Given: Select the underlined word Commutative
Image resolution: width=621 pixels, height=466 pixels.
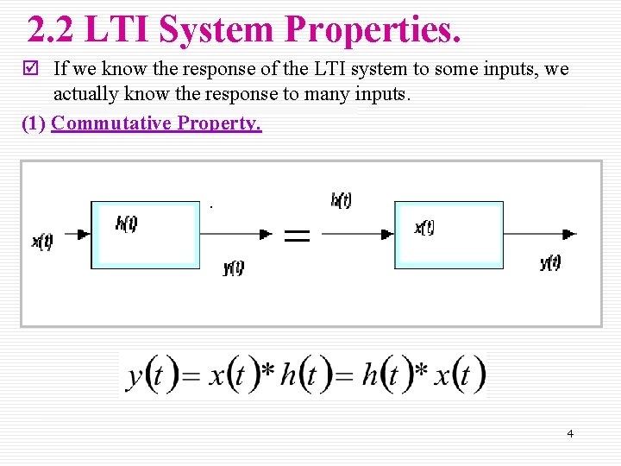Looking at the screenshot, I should point(111,123).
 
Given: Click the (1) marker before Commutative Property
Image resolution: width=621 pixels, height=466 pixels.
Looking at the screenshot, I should point(34,123).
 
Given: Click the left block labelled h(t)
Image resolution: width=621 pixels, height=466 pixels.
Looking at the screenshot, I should point(145,235).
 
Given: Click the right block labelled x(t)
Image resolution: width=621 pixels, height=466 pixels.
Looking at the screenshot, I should point(448,235).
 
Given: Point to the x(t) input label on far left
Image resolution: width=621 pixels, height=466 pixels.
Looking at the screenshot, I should point(42,242).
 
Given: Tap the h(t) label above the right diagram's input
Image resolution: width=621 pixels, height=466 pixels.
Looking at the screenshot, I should point(341,200).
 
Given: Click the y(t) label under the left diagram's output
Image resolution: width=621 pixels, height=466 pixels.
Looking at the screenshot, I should point(234,268).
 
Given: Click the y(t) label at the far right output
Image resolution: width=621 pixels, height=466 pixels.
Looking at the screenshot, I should point(550,262).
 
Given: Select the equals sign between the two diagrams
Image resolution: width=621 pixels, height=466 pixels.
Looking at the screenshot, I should point(297,236).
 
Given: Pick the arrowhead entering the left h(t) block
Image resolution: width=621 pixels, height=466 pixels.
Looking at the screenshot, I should point(84,234).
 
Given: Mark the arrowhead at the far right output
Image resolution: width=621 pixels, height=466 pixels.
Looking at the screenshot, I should point(569,234).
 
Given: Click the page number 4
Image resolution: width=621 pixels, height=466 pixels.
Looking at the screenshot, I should point(569,433).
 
